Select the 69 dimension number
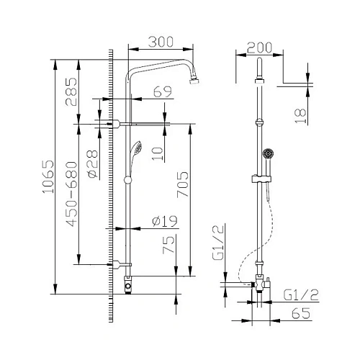tap(163, 91)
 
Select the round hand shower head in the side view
tap(268, 153)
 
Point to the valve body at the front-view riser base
tap(127, 285)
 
